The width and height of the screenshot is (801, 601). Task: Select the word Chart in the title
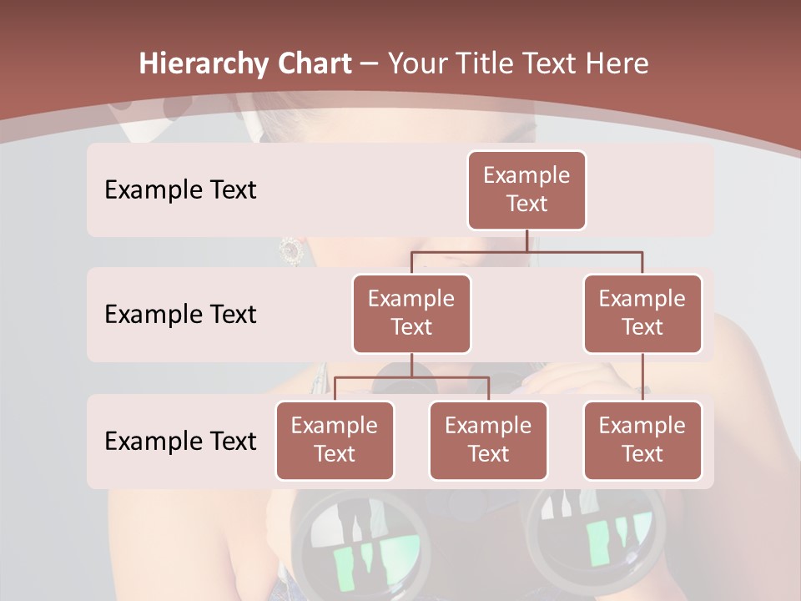tap(311, 63)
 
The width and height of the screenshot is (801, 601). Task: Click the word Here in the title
tap(616, 63)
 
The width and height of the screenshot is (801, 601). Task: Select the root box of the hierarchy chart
tap(526, 189)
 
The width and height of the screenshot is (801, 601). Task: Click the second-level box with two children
tap(411, 313)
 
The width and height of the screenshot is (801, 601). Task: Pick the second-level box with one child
tap(642, 313)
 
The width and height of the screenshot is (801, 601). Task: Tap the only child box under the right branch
tap(642, 440)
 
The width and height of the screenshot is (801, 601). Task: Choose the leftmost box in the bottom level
tap(335, 440)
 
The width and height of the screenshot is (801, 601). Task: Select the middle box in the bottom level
tap(488, 440)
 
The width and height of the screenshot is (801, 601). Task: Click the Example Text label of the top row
tap(180, 190)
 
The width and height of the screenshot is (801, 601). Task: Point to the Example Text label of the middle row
tap(180, 315)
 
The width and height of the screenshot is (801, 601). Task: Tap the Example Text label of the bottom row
tap(180, 441)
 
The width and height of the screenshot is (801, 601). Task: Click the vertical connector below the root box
tap(526, 240)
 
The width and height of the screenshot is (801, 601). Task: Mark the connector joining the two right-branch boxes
tap(642, 376)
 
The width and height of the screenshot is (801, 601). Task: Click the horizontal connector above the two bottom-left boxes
tap(411, 377)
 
